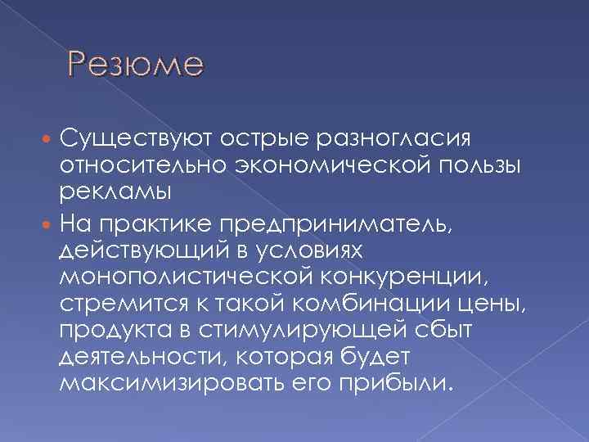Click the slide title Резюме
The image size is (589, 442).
[x=135, y=63]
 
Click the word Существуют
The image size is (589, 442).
[x=131, y=134]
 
